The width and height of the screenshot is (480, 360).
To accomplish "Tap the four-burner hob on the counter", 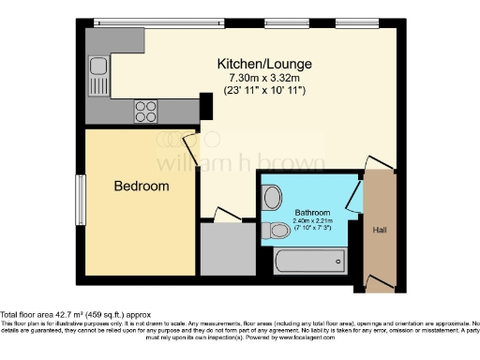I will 146,112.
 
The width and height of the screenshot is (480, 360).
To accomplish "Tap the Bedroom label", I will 142,187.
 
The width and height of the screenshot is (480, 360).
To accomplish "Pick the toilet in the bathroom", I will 278,230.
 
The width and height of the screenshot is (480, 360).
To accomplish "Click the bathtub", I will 309,260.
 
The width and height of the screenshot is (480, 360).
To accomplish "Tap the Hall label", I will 379,230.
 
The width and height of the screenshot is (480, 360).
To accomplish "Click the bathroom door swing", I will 354,194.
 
